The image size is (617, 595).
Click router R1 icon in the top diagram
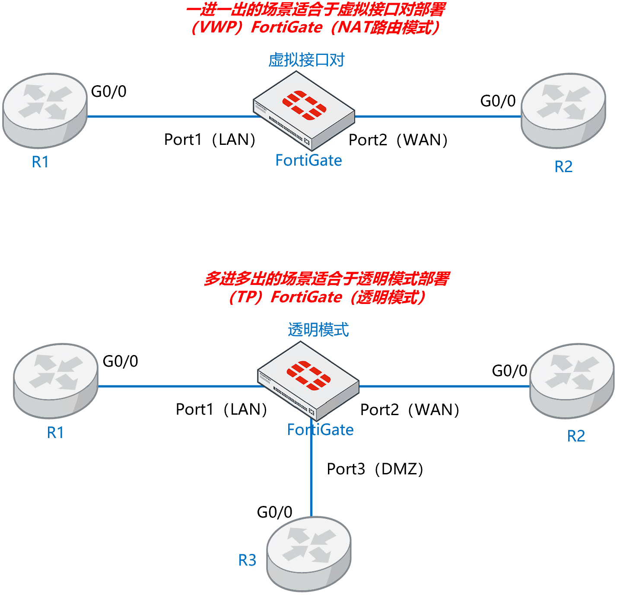pyautogui.click(x=45, y=110)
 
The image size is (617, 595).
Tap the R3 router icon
pyautogui.click(x=308, y=553)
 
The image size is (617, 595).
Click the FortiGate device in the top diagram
pyautogui.click(x=304, y=110)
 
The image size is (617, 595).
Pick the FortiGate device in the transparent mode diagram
pyautogui.click(x=308, y=380)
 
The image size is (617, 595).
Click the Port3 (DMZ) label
pyautogui.click(x=375, y=469)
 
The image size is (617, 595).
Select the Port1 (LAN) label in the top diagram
pyautogui.click(x=210, y=140)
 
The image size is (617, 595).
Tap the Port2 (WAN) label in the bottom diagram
pyautogui.click(x=410, y=409)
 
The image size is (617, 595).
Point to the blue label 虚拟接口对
pyautogui.click(x=306, y=60)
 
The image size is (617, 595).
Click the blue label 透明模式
pyautogui.click(x=318, y=330)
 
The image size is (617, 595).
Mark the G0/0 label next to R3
pyautogui.click(x=274, y=512)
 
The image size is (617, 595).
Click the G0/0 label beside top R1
pyautogui.click(x=108, y=92)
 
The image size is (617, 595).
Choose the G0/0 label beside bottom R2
pyautogui.click(x=509, y=371)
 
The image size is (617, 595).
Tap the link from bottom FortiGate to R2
pyautogui.click(x=445, y=386)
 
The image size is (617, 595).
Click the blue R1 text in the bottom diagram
pyautogui.click(x=55, y=432)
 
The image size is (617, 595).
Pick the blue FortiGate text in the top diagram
pyautogui.click(x=308, y=160)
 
